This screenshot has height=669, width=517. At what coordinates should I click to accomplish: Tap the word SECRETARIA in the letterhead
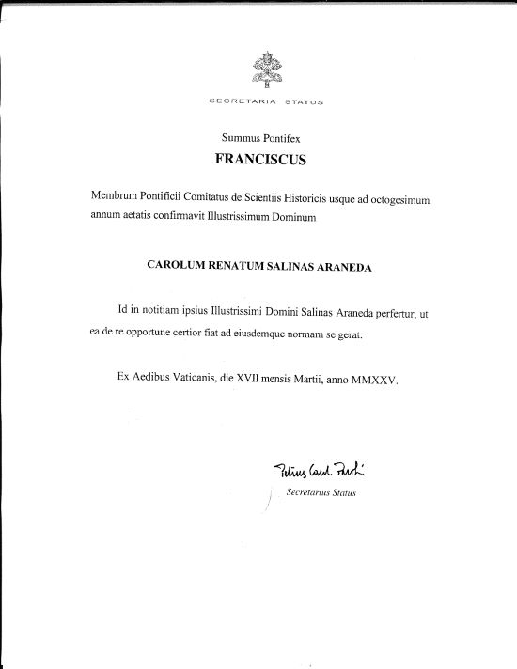pyautogui.click(x=231, y=100)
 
